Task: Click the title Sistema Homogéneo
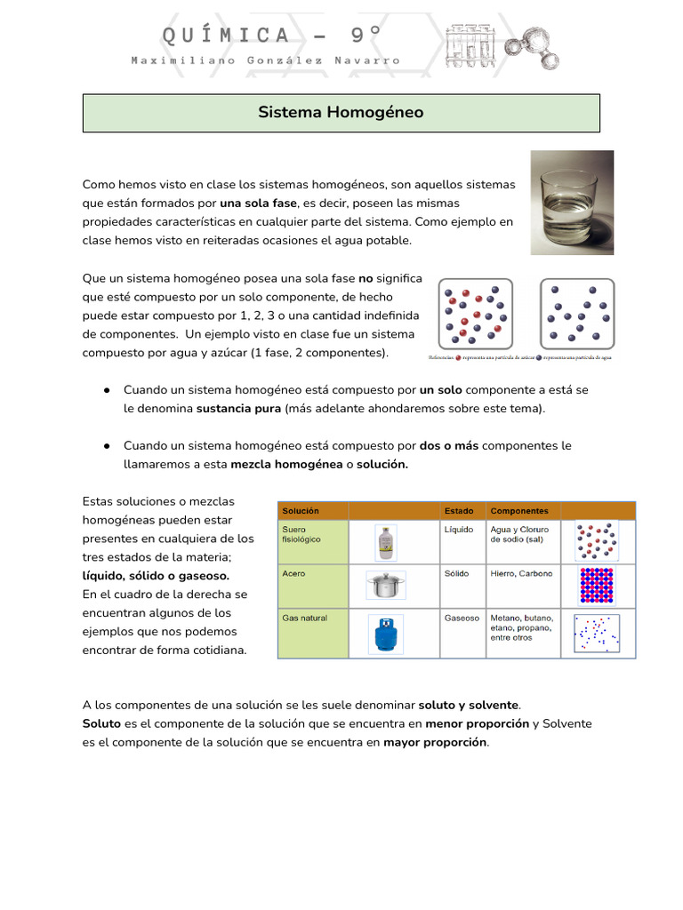click(x=341, y=113)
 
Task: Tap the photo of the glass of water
click(x=571, y=203)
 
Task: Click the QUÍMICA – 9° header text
click(x=271, y=35)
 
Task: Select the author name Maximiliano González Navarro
click(x=265, y=60)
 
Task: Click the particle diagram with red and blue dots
click(x=476, y=314)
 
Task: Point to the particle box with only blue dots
click(x=577, y=314)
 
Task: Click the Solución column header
click(x=301, y=511)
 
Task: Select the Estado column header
click(x=459, y=511)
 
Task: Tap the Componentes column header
click(x=519, y=511)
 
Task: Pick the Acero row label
click(x=293, y=574)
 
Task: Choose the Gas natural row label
click(x=304, y=619)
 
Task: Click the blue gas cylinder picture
click(x=386, y=635)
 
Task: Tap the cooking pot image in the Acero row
click(x=386, y=585)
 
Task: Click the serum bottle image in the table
click(x=386, y=540)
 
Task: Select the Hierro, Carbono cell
click(x=521, y=574)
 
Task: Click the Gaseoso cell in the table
click(x=462, y=619)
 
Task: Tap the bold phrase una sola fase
click(x=258, y=203)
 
